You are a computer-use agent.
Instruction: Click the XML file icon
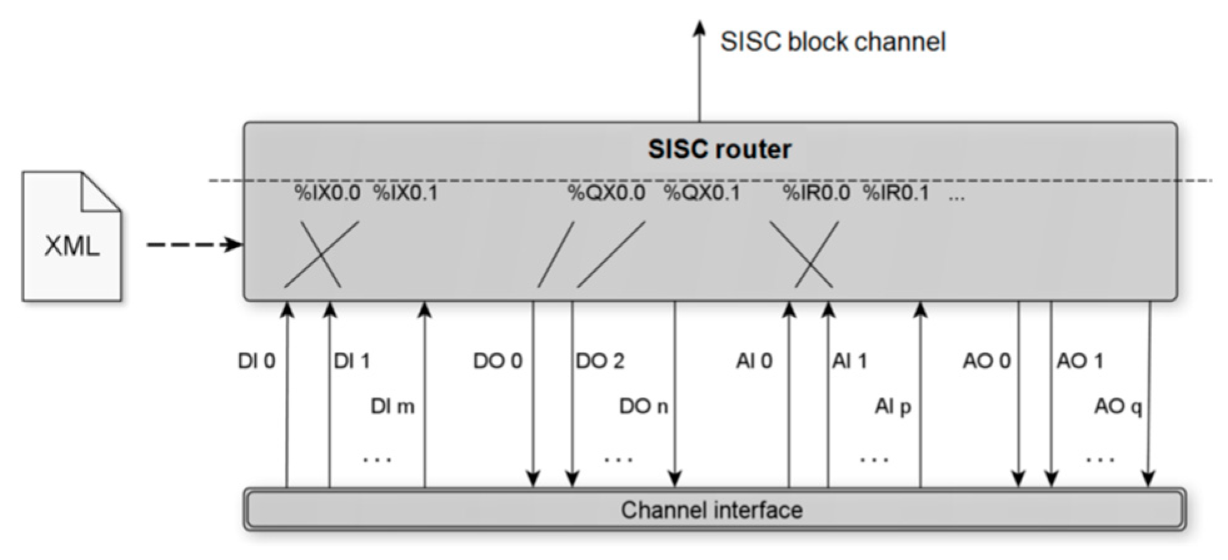[x=72, y=237]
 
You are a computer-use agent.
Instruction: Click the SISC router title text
[x=719, y=149]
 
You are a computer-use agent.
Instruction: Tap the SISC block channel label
[x=832, y=42]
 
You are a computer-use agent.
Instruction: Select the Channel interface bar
[x=712, y=510]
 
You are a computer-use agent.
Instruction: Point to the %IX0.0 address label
[x=327, y=193]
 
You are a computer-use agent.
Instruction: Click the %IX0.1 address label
[x=406, y=193]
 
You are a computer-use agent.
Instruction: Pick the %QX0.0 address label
[x=606, y=193]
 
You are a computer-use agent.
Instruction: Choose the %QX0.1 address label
[x=702, y=193]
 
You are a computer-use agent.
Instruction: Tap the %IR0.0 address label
[x=816, y=193]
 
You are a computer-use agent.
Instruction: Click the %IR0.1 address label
[x=896, y=193]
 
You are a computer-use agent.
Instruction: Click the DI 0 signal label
[x=256, y=361]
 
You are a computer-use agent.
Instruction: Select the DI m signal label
[x=392, y=407]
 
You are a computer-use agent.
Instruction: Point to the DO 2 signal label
[x=600, y=361]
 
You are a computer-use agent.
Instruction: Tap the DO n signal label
[x=644, y=407]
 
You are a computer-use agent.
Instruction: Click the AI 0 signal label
[x=754, y=361]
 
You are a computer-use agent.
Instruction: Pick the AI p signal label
[x=892, y=407]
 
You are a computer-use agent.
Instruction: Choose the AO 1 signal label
[x=1080, y=361]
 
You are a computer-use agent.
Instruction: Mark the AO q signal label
[x=1118, y=407]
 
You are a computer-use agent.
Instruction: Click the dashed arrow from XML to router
[x=194, y=244]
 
